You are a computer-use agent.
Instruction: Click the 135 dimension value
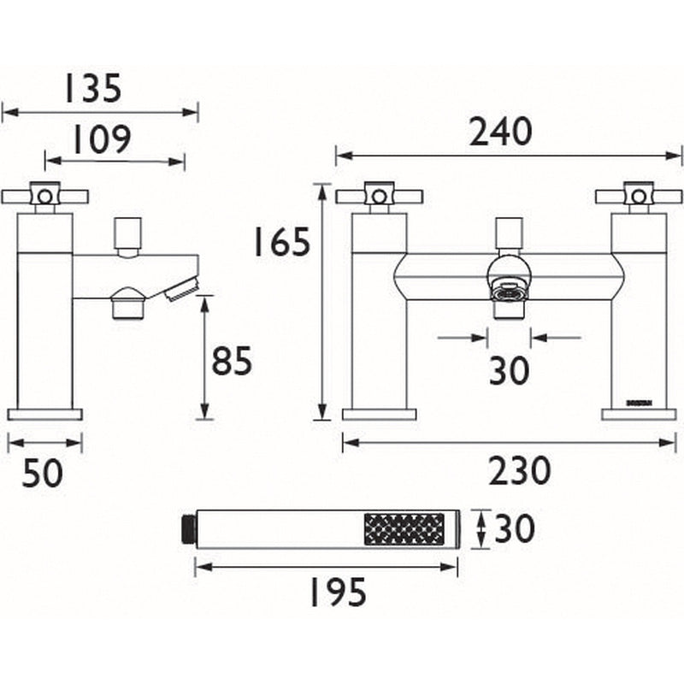point(92,88)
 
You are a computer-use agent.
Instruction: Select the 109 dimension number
point(100,139)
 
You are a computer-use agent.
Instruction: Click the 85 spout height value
point(232,362)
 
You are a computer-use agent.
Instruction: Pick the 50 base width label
point(43,472)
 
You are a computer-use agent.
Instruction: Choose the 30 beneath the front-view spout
point(510,370)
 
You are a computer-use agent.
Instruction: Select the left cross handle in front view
point(377,197)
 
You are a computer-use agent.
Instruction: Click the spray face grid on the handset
point(404,530)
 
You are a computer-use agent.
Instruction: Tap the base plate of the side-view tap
point(44,415)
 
